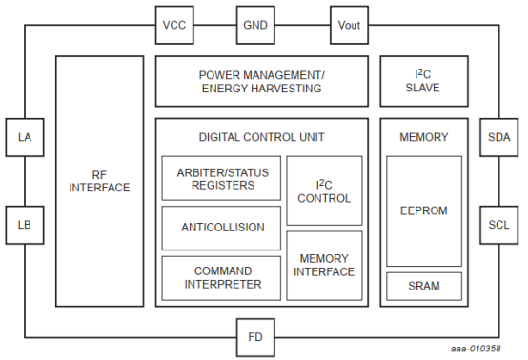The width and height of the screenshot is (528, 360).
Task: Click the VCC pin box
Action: (x=173, y=24)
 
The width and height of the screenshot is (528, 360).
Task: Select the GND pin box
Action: (x=255, y=24)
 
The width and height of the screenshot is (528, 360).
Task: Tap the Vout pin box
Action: (x=348, y=24)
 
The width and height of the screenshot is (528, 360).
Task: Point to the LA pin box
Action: (x=25, y=138)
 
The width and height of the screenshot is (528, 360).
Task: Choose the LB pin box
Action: (x=25, y=225)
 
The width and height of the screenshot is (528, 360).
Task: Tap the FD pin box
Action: (x=255, y=336)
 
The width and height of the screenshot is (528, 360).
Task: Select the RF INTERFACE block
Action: (x=98, y=181)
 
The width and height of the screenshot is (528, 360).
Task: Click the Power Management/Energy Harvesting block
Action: (x=260, y=81)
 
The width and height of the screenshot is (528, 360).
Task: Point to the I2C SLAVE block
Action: (x=423, y=81)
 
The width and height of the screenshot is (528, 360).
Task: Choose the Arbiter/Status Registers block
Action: (x=221, y=178)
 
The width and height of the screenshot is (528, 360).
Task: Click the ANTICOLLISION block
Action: (x=221, y=228)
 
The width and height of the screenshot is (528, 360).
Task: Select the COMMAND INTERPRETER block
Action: (x=221, y=276)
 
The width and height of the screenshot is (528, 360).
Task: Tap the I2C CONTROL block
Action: (x=324, y=190)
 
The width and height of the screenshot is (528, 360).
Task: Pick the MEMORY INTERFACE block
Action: (x=324, y=265)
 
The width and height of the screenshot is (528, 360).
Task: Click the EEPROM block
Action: (x=423, y=210)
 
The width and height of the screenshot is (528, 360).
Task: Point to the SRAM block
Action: (x=423, y=286)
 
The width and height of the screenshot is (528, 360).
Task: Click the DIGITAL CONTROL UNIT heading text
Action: (x=261, y=137)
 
